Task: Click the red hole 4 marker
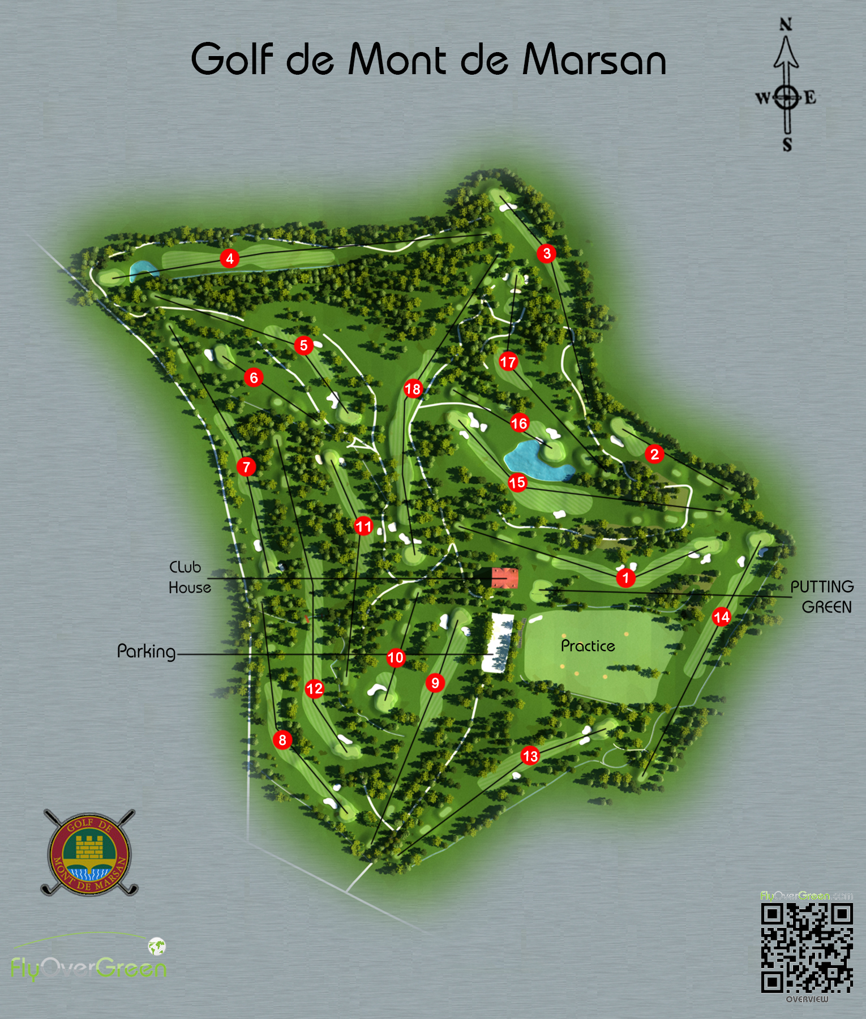[229, 259]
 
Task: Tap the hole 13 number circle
[530, 756]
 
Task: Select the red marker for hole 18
[413, 389]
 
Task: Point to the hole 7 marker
[246, 467]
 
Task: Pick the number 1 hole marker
[625, 578]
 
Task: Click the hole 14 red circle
[722, 616]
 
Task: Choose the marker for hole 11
[363, 526]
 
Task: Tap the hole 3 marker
[547, 253]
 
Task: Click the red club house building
[504, 578]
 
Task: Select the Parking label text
[146, 652]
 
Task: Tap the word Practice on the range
[588, 646]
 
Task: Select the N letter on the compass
[786, 24]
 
